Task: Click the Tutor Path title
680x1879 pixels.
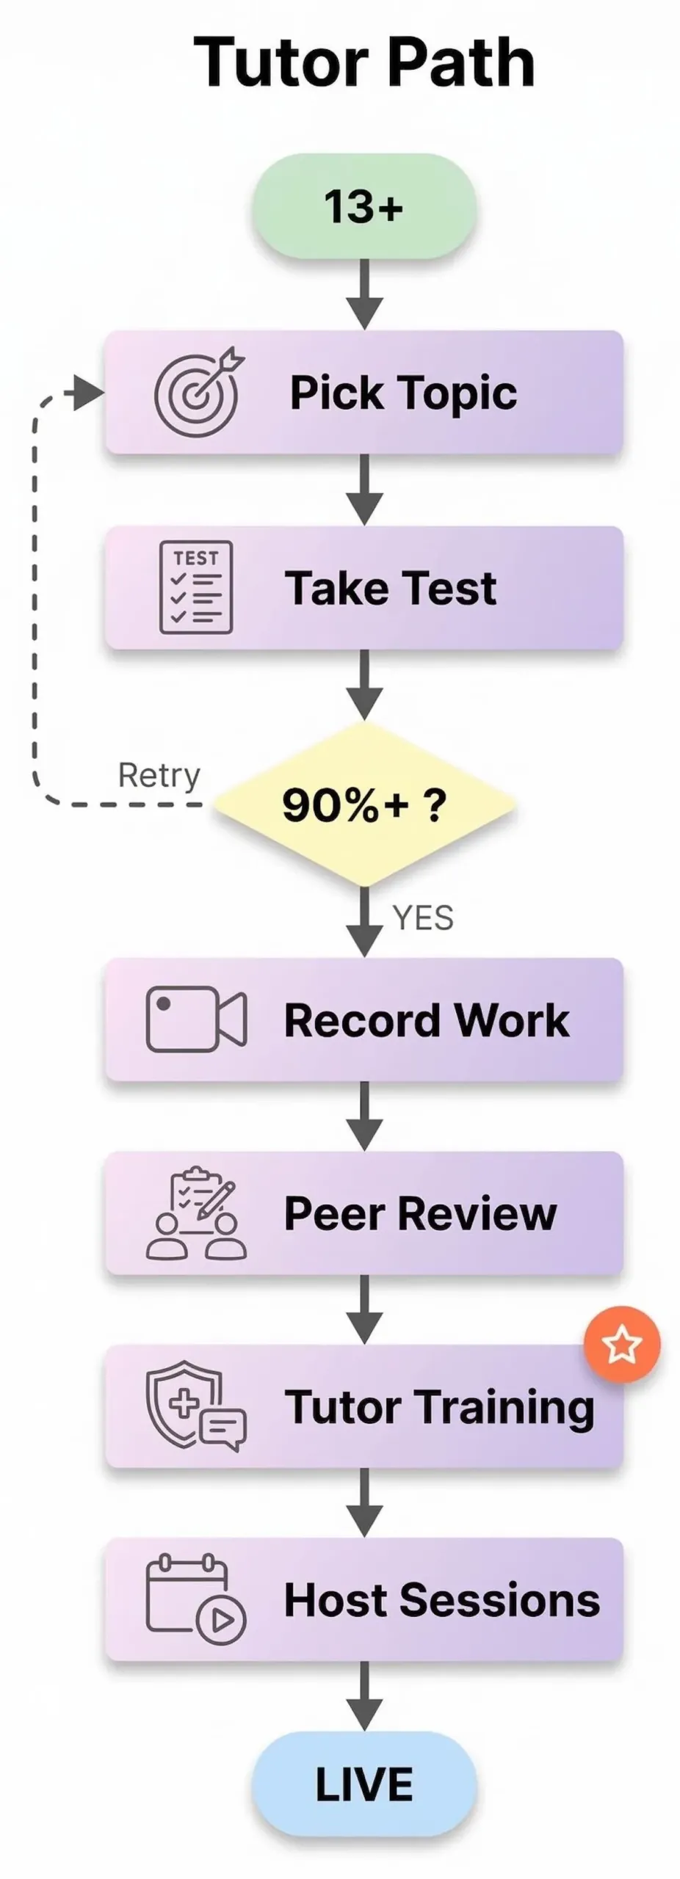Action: (363, 63)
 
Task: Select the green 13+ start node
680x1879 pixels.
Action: (364, 206)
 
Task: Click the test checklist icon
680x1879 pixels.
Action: (196, 587)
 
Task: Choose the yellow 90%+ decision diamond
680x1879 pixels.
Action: (364, 804)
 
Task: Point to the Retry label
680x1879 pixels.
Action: (159, 776)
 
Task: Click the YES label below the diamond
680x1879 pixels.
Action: (423, 918)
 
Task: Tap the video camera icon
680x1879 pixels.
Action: (196, 1019)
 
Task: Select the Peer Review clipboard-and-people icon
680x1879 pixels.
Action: (196, 1213)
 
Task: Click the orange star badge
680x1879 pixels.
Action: (622, 1345)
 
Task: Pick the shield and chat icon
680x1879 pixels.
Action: (196, 1406)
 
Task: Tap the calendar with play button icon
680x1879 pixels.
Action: (196, 1600)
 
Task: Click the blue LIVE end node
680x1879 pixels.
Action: (364, 1785)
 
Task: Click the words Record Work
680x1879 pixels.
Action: (426, 1020)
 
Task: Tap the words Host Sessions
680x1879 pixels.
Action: (441, 1601)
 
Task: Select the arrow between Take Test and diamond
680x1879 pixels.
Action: (365, 686)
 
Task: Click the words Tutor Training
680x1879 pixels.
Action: (439, 1408)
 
